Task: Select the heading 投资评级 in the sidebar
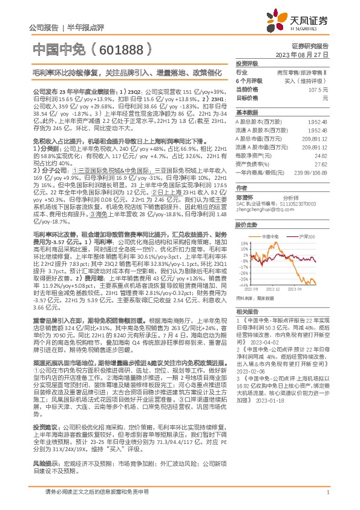click(x=246, y=63)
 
